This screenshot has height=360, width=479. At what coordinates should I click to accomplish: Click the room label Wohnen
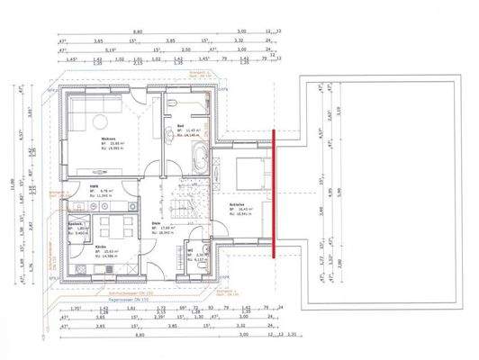(106, 126)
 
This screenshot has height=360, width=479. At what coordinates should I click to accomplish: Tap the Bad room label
(180, 125)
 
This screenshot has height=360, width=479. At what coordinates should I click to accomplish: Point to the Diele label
(156, 226)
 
